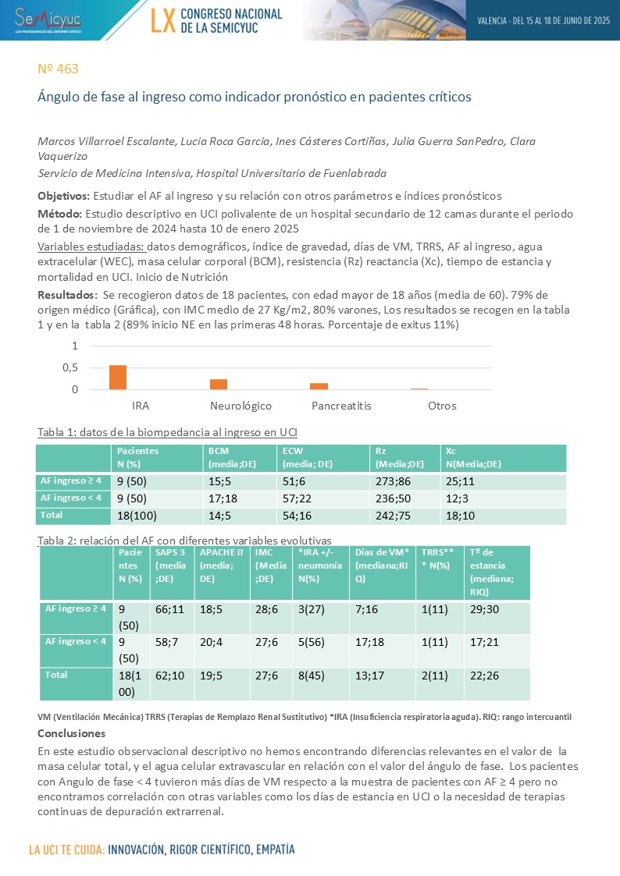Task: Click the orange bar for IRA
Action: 117,377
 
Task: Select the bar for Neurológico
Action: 219,384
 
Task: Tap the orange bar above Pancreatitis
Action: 319,385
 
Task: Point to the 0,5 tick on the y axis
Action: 70,367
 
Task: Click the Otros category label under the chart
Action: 442,406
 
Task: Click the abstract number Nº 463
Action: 58,69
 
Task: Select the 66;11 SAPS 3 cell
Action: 169,608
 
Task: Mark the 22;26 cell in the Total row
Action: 484,675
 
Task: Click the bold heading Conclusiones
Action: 71,733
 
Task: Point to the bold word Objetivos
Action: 64,196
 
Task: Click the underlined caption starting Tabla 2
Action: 184,541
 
